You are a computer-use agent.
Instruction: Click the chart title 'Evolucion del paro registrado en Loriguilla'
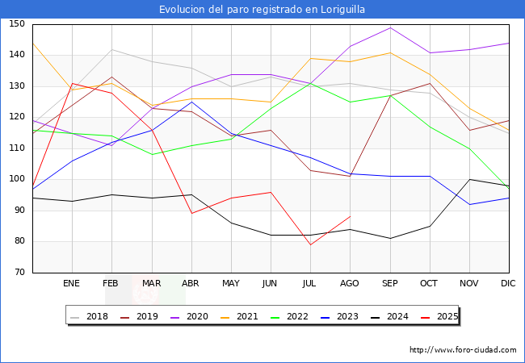262,9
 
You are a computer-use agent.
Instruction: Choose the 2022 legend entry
296,316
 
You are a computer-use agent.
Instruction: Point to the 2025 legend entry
446,316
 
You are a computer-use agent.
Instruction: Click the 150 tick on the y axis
17,24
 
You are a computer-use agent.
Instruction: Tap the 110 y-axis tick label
17,148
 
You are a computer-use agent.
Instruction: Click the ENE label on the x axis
72,284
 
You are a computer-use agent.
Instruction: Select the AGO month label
350,284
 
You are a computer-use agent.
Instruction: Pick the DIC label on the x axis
509,284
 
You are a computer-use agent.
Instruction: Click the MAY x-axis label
231,284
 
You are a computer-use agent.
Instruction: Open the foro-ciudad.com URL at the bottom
463,350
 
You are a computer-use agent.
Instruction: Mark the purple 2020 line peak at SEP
390,27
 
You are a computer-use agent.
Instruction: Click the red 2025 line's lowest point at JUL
310,244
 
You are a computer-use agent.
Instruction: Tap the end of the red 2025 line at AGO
350,216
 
